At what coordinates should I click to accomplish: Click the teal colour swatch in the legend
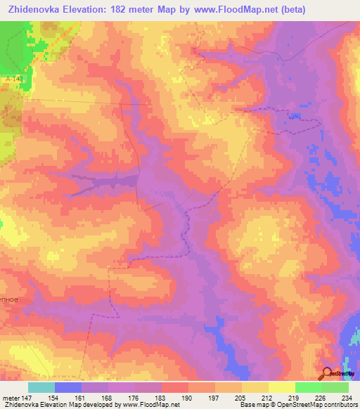tap(41, 387)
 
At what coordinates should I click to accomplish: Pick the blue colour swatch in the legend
tap(68, 387)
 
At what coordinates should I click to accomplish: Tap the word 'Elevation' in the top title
tap(95, 10)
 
